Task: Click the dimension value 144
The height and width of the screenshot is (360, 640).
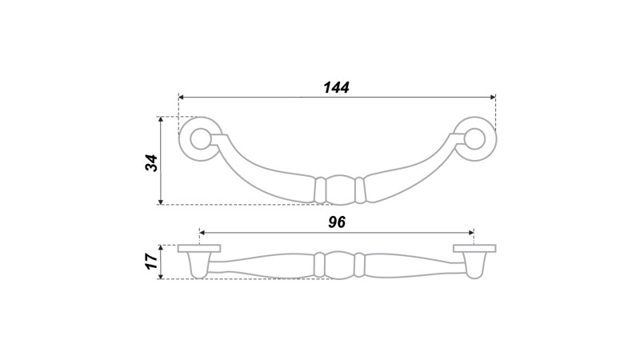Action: point(336,87)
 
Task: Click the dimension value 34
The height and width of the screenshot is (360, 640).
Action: point(151,163)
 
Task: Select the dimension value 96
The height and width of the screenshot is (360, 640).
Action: point(337,222)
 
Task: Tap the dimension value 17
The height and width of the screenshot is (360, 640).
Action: point(151,262)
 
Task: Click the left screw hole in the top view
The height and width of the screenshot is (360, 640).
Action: point(200,138)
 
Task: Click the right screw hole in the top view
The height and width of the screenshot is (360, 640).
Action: point(474,138)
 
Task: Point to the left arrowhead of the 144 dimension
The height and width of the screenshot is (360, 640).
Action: point(182,97)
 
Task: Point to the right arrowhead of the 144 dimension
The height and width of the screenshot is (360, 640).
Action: point(493,97)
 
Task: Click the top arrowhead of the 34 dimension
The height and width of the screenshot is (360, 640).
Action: point(161,119)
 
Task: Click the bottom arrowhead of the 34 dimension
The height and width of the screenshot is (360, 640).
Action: point(161,202)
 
